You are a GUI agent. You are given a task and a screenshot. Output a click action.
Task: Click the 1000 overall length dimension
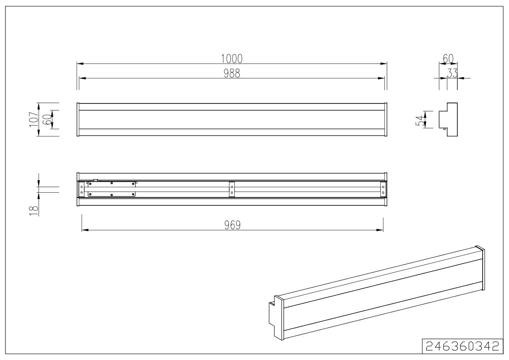[x=232, y=59]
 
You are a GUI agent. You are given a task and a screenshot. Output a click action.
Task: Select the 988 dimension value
[x=232, y=74]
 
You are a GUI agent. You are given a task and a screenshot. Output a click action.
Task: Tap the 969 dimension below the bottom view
[x=233, y=225]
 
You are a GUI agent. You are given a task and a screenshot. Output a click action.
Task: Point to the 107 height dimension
[x=34, y=119]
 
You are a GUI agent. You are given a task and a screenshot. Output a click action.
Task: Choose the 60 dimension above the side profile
[x=448, y=59]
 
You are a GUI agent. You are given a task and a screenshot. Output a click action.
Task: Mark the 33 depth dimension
[x=452, y=74]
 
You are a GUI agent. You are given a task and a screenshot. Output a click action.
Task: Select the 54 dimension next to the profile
[x=420, y=120]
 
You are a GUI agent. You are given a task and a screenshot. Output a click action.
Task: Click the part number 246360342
[x=462, y=346]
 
